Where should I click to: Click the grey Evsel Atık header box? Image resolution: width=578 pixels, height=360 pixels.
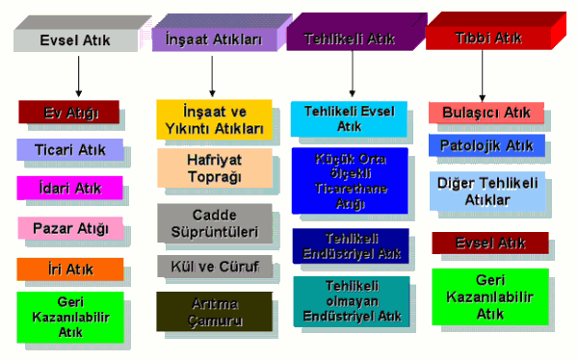[74, 39]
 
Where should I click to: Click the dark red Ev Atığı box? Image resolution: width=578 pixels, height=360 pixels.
[69, 113]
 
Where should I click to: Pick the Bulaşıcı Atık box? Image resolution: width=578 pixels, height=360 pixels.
[486, 113]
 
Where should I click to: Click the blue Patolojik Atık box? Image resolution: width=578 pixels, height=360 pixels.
[486, 146]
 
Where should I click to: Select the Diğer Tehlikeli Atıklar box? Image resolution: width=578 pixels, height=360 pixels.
[486, 191]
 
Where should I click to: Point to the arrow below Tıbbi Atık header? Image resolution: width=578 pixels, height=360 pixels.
[487, 74]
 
